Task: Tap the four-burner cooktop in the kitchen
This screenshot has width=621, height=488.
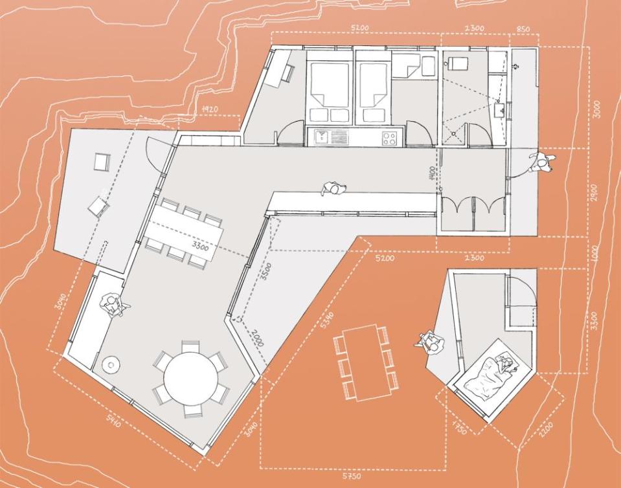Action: [x=389, y=137]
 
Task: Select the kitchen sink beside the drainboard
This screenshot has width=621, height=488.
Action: [x=322, y=137]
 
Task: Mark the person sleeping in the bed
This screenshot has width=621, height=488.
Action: [x=503, y=367]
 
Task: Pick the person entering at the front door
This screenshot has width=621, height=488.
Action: [x=541, y=161]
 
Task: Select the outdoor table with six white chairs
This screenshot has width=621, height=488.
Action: [x=363, y=361]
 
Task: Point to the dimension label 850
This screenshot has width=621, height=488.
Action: [x=523, y=28]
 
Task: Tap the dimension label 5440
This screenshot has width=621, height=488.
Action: [x=114, y=421]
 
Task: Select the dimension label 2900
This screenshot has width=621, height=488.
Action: [x=594, y=193]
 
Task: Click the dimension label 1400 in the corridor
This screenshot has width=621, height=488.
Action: [x=432, y=175]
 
